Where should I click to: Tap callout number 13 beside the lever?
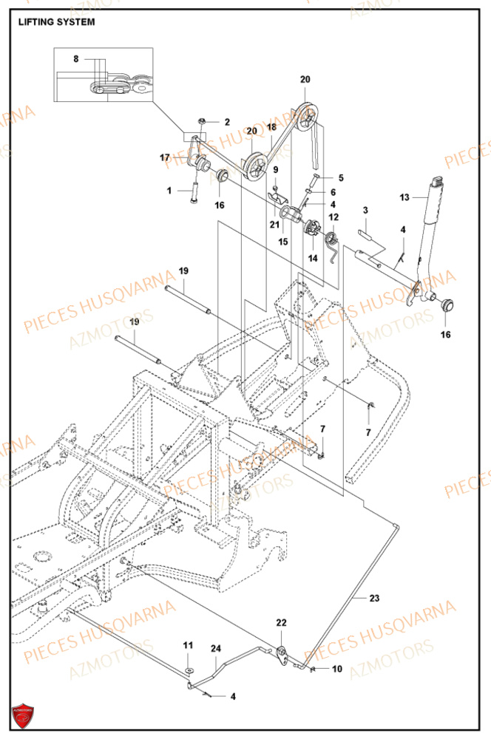[x=403, y=197]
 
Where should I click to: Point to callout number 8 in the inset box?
[x=75, y=58]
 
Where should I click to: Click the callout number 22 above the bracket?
[x=281, y=624]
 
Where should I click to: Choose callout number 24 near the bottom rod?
[x=216, y=650]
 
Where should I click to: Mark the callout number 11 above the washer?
[x=188, y=647]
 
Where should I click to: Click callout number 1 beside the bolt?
[x=169, y=191]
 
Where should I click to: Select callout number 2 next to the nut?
[x=227, y=122]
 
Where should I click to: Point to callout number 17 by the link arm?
[x=165, y=157]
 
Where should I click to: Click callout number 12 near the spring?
[x=333, y=217]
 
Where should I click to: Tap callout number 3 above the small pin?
[x=365, y=211]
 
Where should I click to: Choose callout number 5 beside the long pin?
[x=341, y=177]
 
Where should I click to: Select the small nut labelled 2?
[x=202, y=120]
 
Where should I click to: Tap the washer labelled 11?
[x=188, y=670]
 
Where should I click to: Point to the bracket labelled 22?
[x=282, y=650]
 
